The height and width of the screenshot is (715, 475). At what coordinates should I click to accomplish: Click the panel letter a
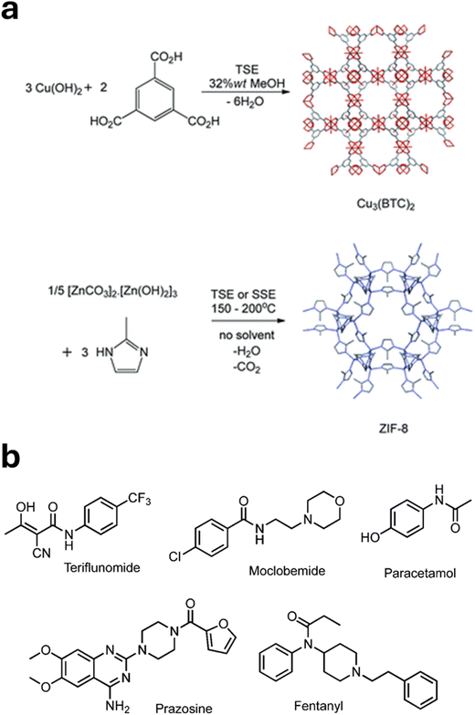(x=9, y=11)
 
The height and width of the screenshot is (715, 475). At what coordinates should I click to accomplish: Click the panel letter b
(x=11, y=456)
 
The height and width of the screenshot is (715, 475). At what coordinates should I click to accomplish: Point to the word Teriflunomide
(x=102, y=567)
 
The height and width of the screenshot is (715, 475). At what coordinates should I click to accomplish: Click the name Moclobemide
(x=287, y=570)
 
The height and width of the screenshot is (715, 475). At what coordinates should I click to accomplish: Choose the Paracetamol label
(x=420, y=573)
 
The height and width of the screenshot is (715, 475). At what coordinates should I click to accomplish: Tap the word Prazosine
(x=185, y=708)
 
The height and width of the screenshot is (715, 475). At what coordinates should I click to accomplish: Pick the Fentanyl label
(x=318, y=706)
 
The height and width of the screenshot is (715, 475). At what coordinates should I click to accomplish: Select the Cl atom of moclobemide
(x=175, y=556)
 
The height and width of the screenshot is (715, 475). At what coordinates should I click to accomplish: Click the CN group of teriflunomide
(x=42, y=553)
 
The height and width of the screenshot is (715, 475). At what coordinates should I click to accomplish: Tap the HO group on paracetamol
(x=371, y=537)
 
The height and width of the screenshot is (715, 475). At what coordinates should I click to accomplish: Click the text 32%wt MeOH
(x=247, y=84)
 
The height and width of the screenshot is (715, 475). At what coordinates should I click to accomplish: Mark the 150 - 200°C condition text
(x=243, y=308)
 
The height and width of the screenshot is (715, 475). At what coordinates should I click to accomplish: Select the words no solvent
(x=247, y=336)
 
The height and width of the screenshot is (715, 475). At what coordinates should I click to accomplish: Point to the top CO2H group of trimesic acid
(x=166, y=57)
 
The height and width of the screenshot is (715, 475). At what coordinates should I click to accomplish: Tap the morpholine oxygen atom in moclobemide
(x=338, y=502)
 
